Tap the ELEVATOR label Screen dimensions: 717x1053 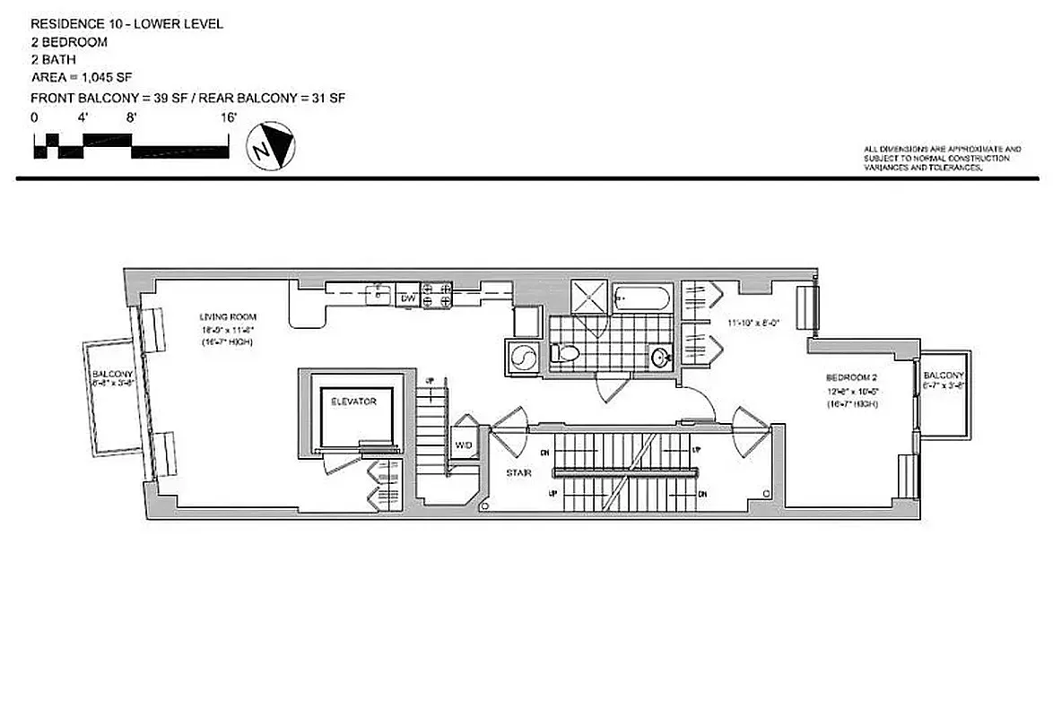coord(352,402)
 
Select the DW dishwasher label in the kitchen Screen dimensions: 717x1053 coord(408,298)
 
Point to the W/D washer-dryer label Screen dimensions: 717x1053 coord(463,445)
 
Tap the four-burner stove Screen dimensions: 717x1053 coord(437,296)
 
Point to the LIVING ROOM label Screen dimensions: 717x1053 coord(228,316)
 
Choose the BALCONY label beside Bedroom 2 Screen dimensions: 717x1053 coord(944,375)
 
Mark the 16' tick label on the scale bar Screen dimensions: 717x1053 coord(229,117)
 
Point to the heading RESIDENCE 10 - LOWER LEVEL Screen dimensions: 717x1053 coord(126,24)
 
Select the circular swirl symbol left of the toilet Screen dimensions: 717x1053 coord(522,357)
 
